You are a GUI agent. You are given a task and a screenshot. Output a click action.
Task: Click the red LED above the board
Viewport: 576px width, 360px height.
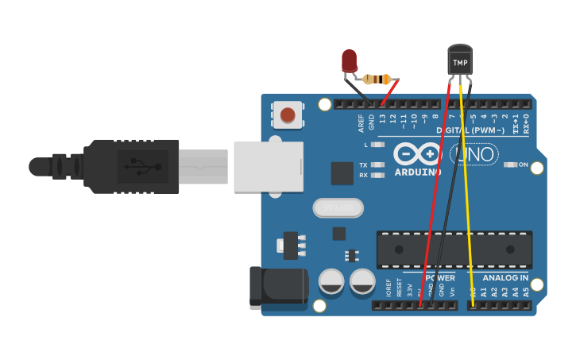pos(350,61)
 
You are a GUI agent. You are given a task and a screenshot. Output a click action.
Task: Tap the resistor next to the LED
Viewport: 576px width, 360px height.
pos(377,79)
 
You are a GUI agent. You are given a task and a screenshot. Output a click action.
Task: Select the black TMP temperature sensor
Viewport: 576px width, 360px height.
pos(460,60)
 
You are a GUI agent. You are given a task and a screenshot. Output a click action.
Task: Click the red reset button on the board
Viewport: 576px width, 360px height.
pos(288,115)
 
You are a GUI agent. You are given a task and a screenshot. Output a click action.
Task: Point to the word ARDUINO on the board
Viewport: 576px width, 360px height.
pos(418,172)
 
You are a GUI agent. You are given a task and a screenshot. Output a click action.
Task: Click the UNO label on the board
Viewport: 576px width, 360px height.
pos(474,153)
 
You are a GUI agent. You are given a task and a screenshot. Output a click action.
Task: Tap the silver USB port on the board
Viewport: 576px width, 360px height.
pos(269,166)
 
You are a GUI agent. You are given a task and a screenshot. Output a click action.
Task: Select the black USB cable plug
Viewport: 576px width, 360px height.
pos(131,167)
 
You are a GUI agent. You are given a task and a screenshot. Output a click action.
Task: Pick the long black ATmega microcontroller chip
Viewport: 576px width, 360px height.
pos(454,250)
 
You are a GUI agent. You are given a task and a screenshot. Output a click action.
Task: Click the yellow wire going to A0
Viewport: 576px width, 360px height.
pos(468,199)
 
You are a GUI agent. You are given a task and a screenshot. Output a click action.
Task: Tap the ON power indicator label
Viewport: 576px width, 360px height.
pos(523,165)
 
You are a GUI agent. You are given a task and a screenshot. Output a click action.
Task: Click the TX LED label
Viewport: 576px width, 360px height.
pos(363,165)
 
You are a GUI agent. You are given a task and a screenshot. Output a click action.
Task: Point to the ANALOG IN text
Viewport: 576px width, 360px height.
pos(505,278)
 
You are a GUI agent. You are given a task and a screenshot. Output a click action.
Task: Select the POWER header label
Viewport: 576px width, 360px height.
pos(439,278)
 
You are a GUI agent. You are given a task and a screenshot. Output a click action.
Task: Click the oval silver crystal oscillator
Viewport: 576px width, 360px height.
pos(338,207)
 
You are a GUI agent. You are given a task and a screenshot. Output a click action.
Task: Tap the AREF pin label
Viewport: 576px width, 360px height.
pos(361,122)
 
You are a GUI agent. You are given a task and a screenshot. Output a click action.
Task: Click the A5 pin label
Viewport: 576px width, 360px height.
pos(525,292)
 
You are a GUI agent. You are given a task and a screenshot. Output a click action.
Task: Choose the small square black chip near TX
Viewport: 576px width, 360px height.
pos(342,172)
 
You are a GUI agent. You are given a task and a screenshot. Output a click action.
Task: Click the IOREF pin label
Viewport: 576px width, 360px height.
pos(389,288)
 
